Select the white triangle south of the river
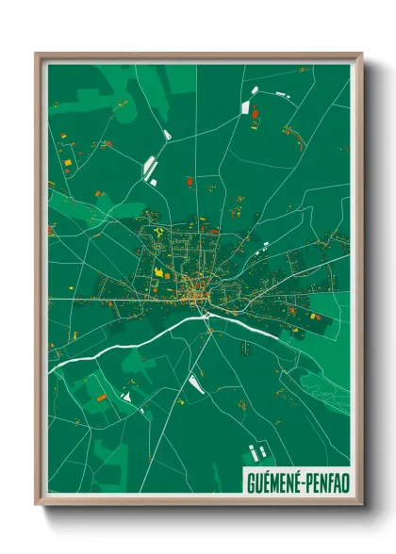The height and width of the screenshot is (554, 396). (x=195, y=383)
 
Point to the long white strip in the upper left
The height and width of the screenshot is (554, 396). (x=149, y=168)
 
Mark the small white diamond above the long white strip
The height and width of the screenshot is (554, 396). (x=167, y=136)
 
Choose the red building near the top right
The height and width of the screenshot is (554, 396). (x=255, y=113)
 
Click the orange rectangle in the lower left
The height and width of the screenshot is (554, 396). (x=101, y=399)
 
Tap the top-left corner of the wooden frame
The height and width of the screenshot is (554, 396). (x=38, y=54)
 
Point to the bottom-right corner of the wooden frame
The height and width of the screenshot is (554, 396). (x=361, y=504)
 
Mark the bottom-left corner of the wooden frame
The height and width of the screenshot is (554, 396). (x=38, y=504)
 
